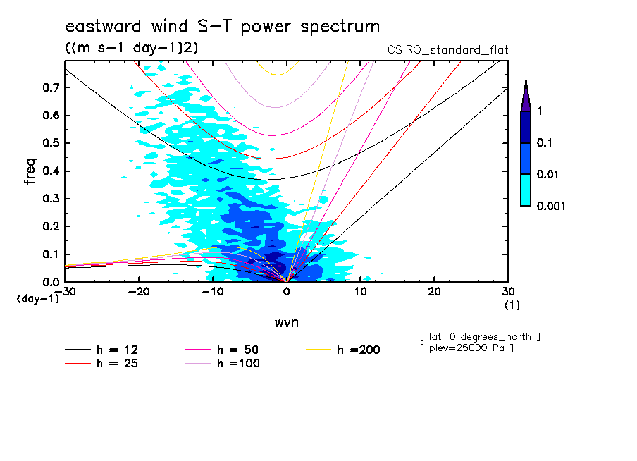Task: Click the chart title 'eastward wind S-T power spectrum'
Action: [x=223, y=27]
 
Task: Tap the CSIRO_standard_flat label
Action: [x=448, y=50]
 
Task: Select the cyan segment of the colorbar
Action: [x=525, y=190]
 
